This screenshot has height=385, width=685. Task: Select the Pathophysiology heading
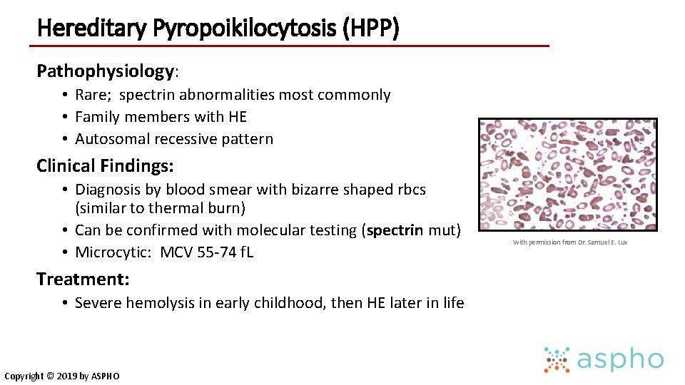tap(105, 71)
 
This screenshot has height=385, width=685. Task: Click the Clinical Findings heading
tap(105, 166)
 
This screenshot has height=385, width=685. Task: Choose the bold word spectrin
tap(395, 230)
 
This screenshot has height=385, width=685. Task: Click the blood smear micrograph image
tap(568, 175)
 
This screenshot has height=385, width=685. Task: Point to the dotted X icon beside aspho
tap(557, 360)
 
